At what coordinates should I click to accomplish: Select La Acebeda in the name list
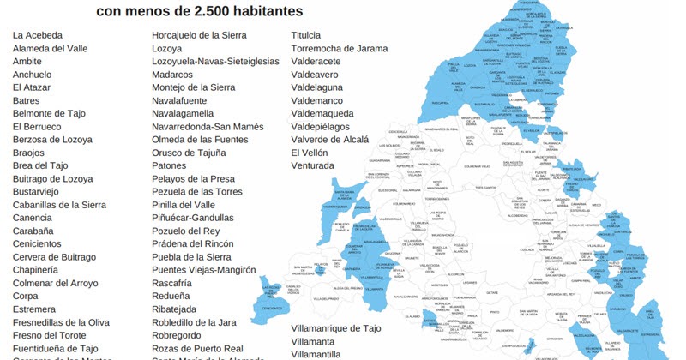[39, 35]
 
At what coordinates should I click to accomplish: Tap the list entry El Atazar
[32, 87]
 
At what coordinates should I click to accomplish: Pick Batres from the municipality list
[26, 100]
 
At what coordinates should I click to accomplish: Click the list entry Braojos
[28, 153]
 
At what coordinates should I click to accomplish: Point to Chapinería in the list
[37, 270]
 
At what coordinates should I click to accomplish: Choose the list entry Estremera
[34, 309]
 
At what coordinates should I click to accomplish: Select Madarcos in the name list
[174, 75]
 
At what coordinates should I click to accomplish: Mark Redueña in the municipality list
[171, 296]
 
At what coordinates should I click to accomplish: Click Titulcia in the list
[306, 35]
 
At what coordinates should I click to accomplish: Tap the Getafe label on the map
[468, 292]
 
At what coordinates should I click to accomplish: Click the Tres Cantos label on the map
[485, 188]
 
